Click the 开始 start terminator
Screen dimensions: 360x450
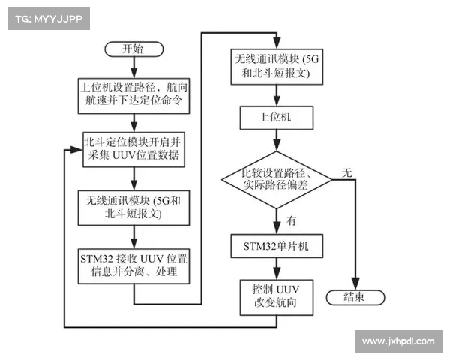point(133,49)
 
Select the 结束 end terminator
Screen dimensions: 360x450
point(355,296)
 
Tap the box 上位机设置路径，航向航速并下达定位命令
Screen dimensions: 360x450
point(133,93)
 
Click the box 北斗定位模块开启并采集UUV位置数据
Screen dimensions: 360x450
point(133,148)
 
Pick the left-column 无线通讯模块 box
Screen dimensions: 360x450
point(133,207)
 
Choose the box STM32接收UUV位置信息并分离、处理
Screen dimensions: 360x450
point(133,264)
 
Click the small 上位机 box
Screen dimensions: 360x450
point(277,117)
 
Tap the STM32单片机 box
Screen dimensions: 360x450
point(277,245)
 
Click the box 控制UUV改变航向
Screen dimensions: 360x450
point(277,295)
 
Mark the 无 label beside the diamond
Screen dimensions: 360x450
point(346,172)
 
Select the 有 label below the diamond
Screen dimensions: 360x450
point(290,220)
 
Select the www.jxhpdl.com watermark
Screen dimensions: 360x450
point(397,341)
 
